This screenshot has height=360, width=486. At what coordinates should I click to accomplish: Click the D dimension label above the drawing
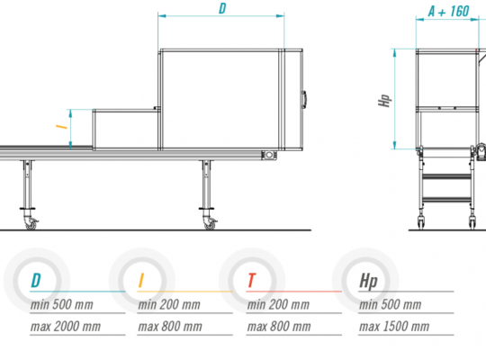[222, 9]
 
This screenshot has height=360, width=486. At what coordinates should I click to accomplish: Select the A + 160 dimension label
[448, 12]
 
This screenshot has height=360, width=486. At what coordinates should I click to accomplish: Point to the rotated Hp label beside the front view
[384, 101]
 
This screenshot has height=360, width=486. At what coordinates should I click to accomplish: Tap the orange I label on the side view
[61, 127]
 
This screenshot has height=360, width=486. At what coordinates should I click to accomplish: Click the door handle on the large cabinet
[304, 100]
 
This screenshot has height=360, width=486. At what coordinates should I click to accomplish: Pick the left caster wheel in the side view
[31, 223]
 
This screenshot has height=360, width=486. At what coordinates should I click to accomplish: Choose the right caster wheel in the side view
[210, 223]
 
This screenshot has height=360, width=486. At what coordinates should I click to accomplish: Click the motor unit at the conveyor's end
[268, 155]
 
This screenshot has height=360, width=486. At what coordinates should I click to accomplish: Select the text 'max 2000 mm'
[66, 327]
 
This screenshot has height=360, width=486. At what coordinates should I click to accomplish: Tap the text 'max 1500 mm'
[394, 327]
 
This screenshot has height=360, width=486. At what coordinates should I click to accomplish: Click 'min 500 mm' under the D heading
[62, 304]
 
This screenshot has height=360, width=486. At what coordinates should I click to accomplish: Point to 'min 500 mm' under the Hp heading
[391, 304]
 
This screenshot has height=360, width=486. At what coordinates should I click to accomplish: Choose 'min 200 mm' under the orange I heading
[169, 304]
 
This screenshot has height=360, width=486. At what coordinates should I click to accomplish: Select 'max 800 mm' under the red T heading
[279, 327]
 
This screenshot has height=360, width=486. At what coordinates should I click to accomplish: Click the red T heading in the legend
[252, 280]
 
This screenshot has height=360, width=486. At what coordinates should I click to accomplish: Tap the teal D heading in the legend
[36, 280]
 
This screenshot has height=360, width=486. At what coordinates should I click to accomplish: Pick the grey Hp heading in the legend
[368, 282]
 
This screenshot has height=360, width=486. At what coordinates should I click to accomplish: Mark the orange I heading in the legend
[141, 280]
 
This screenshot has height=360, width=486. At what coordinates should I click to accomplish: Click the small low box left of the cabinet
[125, 130]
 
